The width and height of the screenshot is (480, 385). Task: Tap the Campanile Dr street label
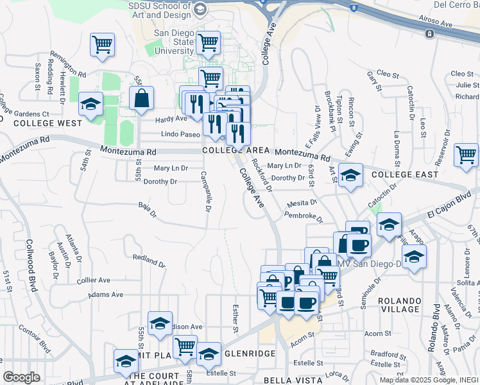205,191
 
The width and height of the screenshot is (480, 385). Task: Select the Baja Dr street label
148,209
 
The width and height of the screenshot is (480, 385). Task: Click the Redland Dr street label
149,261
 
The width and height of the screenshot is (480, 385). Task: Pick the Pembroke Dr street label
304,216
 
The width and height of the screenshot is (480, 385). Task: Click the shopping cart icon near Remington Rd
102,44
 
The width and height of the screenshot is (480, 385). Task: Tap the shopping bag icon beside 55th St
141,98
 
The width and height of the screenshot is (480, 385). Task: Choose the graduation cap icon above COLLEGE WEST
90,104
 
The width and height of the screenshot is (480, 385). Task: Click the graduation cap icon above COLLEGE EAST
350,175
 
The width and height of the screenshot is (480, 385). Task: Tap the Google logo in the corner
22,377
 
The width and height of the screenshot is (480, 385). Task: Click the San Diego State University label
173,42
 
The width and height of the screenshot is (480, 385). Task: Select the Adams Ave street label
106,295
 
